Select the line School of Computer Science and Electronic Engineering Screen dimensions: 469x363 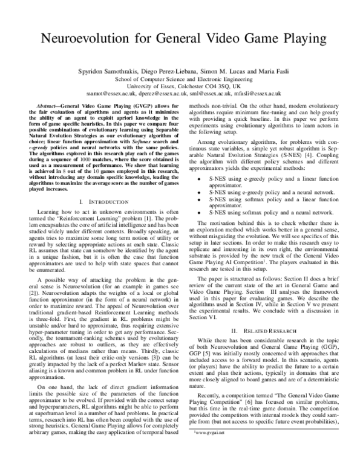pos(182,78)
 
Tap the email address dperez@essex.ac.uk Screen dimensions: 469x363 pos(158,94)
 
